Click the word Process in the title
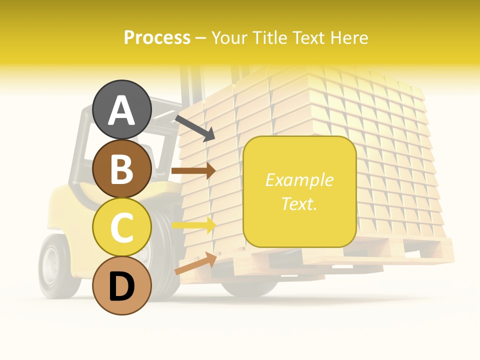pos(157,38)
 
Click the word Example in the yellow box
pos(299,180)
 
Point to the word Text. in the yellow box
pos(299,203)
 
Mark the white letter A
pos(122,110)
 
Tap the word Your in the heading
pos(229,38)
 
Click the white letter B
pos(122,169)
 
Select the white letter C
pos(122,227)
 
